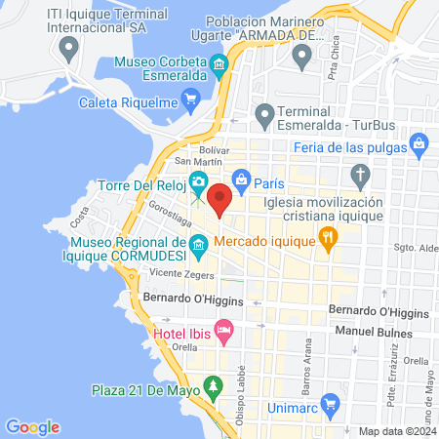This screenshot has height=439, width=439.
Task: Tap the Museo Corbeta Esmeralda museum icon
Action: click(220, 66)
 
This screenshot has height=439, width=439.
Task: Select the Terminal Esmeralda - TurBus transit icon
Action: click(263, 115)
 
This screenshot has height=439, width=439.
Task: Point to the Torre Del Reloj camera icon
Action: click(199, 180)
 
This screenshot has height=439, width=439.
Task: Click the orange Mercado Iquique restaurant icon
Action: click(329, 236)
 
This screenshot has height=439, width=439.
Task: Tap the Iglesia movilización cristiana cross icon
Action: click(361, 178)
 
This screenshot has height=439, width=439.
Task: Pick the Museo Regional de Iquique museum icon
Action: click(199, 244)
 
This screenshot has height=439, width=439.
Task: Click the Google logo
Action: click(32, 426)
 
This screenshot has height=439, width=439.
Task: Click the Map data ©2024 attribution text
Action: click(395, 431)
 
